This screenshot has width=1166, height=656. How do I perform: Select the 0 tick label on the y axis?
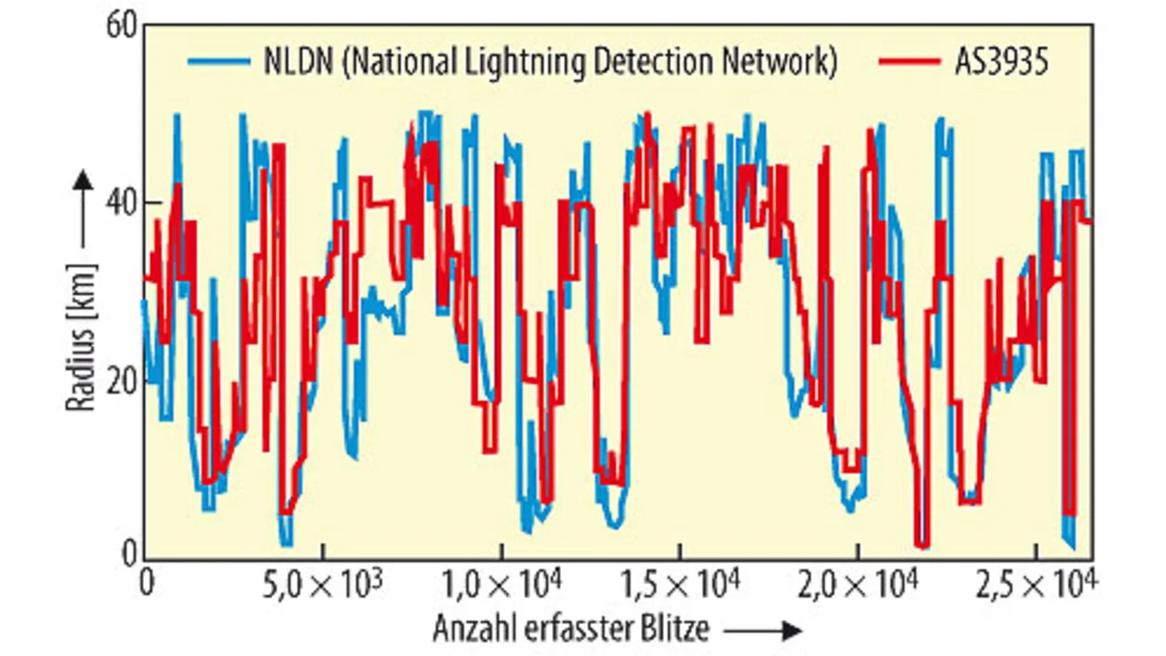(128, 553)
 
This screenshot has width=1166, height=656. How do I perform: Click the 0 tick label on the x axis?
(146, 581)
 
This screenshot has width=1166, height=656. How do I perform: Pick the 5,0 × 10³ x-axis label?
(323, 581)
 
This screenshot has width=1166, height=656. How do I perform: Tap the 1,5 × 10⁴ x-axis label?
(680, 581)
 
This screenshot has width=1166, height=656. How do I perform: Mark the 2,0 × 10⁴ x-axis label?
(859, 581)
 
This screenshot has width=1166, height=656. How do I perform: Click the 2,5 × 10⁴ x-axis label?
(1038, 581)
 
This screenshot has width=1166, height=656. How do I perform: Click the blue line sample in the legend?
(219, 62)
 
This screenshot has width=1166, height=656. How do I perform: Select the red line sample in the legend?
(909, 62)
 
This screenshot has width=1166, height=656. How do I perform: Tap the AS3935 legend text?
(1002, 62)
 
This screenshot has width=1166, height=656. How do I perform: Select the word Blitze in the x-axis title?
(674, 629)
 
